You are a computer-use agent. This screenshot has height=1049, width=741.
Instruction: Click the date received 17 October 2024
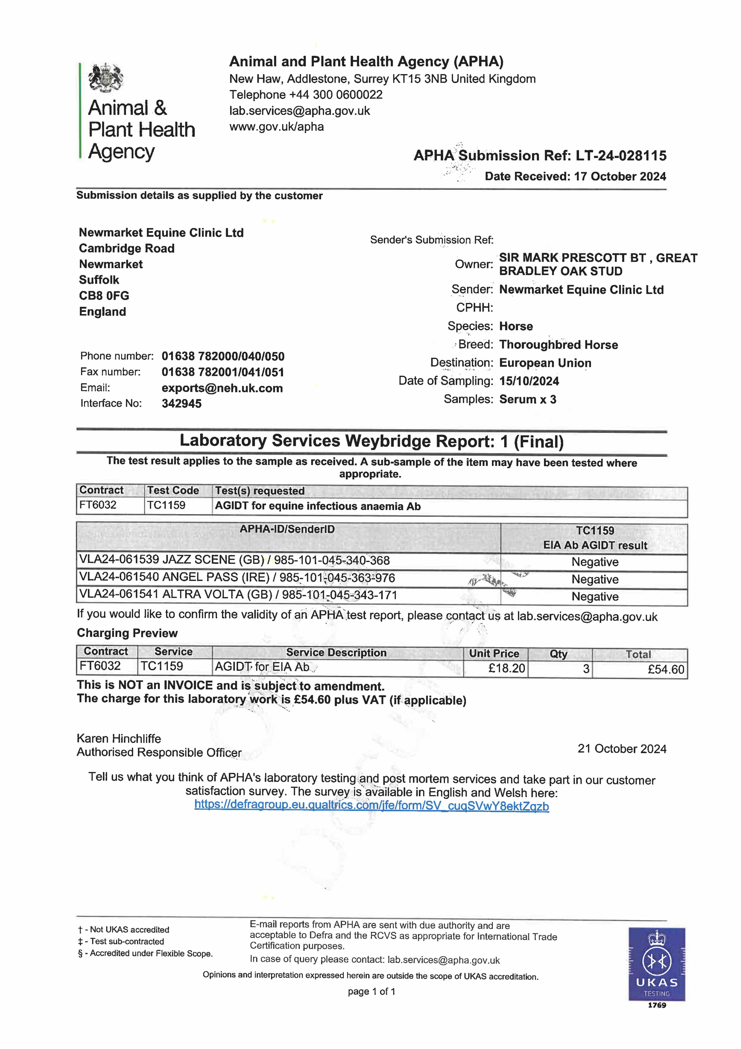(620, 176)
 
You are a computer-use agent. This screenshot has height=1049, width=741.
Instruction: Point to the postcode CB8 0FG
(104, 296)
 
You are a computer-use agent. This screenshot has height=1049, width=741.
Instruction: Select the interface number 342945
(181, 403)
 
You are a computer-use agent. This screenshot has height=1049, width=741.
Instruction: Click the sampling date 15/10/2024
(529, 381)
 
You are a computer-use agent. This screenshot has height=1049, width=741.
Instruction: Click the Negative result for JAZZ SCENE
(594, 562)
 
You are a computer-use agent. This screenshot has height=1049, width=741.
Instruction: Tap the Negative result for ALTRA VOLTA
(594, 597)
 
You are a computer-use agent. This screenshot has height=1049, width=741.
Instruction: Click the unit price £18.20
(506, 668)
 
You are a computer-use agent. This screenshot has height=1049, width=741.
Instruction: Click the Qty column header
(558, 654)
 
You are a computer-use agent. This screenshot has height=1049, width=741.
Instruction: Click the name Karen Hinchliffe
(119, 739)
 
